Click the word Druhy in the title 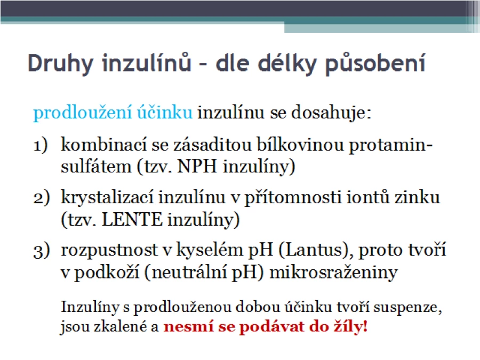coord(60,63)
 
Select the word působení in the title coord(375,63)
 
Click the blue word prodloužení coord(83,113)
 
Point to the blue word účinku coord(165,112)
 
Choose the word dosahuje coord(331,113)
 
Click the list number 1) coord(41,145)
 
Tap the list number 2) coord(41,198)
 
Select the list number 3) coord(41,251)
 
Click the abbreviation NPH coord(197,167)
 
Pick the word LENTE coord(132,220)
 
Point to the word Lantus coord(315,250)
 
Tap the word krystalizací coord(107,197)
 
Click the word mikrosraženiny coord(333,272)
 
